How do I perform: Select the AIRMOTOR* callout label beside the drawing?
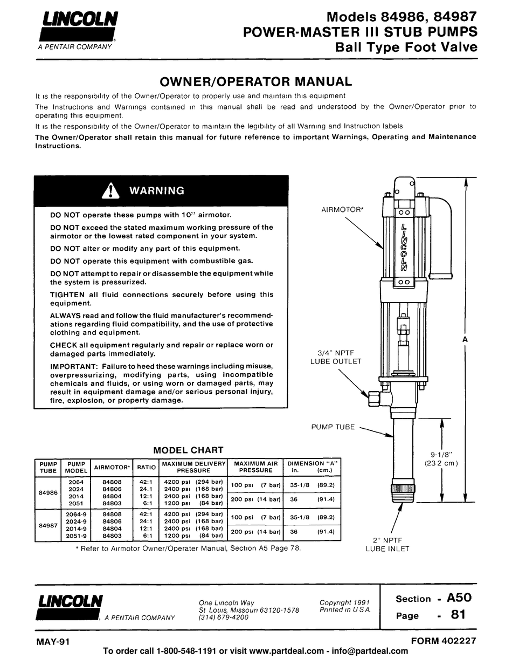click(342, 209)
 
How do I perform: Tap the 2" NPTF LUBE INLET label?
click(388, 544)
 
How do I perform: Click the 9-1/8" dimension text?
click(441, 454)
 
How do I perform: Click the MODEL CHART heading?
click(188, 450)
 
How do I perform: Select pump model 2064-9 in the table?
click(76, 515)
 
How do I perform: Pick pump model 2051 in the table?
click(76, 503)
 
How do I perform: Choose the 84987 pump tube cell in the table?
click(47, 525)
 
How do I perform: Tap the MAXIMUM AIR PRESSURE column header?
click(255, 467)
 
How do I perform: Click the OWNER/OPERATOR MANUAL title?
click(256, 81)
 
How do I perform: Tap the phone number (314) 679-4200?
click(224, 618)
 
